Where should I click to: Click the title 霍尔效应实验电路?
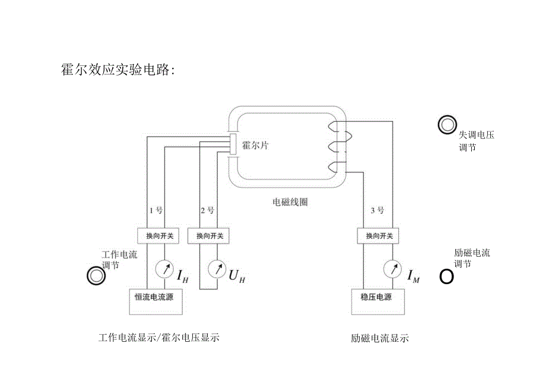tap(117, 70)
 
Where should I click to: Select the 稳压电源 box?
tap(376, 297)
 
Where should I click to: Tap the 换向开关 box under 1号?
tap(160, 235)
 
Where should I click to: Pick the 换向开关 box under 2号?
tap(209, 235)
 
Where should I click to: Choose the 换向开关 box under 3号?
tap(379, 235)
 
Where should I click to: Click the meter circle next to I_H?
tap(164, 269)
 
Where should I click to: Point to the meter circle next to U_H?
tap(216, 269)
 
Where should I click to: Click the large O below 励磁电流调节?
tap(446, 277)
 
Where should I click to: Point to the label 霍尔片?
tap(255, 145)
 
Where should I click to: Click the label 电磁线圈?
tap(290, 202)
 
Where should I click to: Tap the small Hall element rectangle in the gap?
tap(234, 144)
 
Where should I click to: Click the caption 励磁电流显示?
tap(380, 339)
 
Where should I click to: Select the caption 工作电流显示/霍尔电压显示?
tap(159, 338)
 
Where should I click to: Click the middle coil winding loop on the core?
tap(337, 146)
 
